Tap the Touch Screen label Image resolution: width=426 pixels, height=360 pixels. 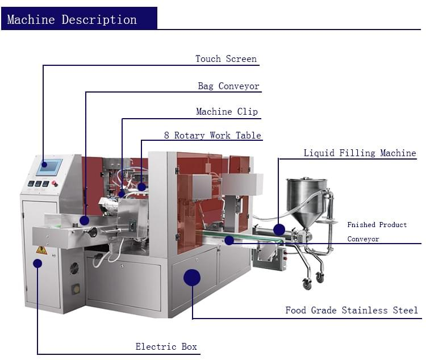click(x=225, y=59)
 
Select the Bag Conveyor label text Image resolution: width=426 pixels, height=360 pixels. click(x=228, y=86)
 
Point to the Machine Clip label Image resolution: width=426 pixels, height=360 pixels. click(x=227, y=112)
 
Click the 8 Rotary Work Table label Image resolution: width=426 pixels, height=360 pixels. click(x=212, y=136)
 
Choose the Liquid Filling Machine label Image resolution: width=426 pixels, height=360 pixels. click(x=360, y=153)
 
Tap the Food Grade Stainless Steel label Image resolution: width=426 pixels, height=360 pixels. click(x=351, y=311)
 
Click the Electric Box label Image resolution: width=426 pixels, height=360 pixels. click(x=166, y=346)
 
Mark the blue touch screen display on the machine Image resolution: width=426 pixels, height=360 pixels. click(x=49, y=167)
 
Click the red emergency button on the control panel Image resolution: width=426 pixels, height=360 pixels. click(x=55, y=183)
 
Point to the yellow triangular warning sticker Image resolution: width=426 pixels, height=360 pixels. click(x=41, y=249)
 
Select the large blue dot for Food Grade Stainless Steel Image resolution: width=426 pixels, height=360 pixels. click(x=192, y=277)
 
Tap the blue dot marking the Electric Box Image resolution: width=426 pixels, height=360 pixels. click(x=37, y=263)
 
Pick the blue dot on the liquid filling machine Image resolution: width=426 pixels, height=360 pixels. click(x=279, y=229)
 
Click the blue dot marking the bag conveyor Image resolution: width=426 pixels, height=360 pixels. click(x=84, y=220)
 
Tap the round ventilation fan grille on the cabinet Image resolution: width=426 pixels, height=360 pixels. click(x=74, y=269)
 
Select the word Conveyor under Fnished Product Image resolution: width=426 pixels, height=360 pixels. click(x=363, y=239)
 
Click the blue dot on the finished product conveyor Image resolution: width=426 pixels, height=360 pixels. click(x=229, y=240)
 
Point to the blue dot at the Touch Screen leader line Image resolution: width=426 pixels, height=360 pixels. click(x=44, y=148)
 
